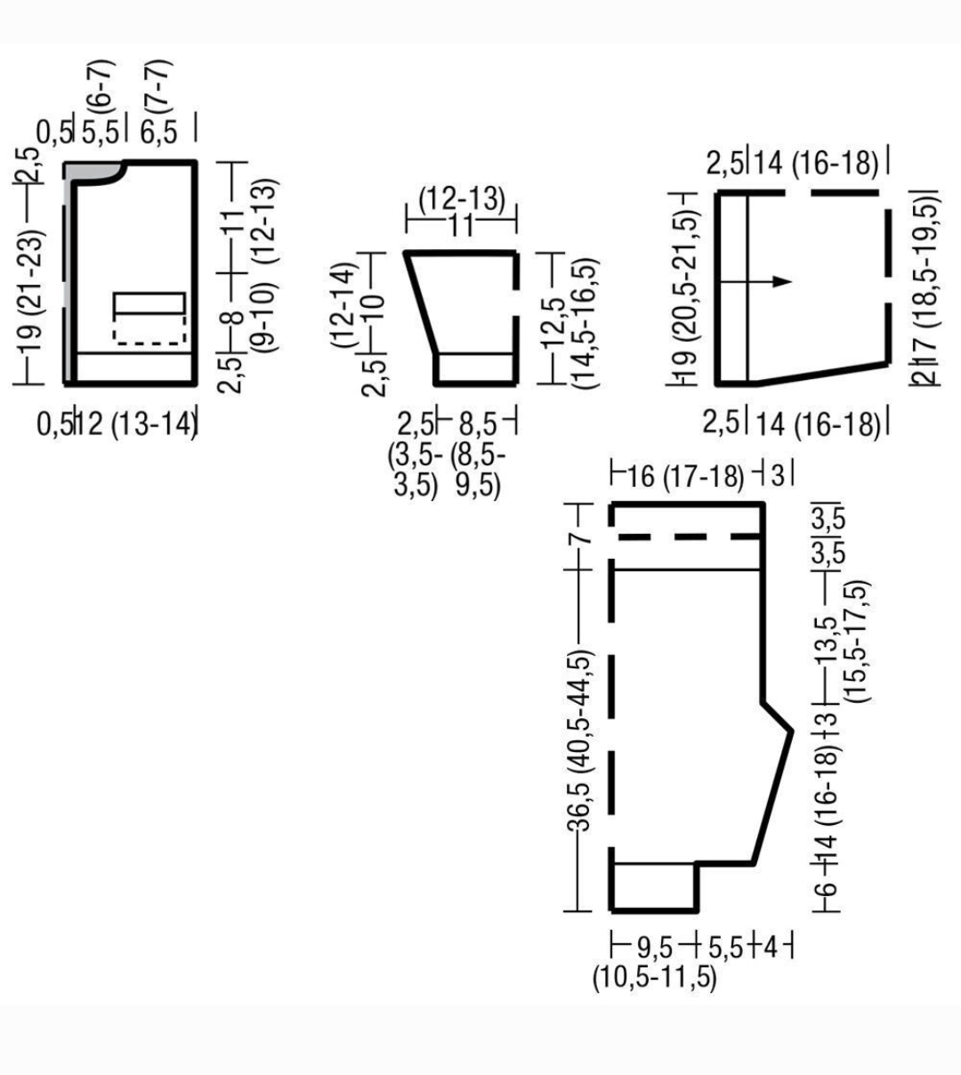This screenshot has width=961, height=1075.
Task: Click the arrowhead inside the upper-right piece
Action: [782, 281]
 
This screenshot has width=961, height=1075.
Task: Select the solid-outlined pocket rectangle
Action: [150, 303]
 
